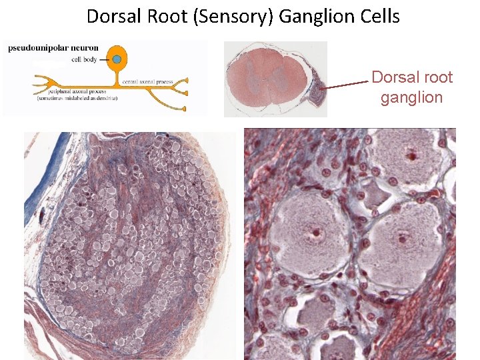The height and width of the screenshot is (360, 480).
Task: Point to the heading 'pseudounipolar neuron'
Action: (54, 47)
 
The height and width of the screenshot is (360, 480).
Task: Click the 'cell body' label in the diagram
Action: (85, 59)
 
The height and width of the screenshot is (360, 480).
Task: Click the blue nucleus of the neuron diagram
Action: (117, 60)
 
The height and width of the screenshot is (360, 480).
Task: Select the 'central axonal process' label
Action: (147, 81)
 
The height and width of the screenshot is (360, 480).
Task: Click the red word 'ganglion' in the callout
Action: (411, 97)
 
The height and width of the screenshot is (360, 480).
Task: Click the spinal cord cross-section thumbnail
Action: (260, 78)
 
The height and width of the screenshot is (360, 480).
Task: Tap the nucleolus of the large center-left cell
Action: (313, 235)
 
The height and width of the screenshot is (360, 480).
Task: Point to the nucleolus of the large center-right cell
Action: (402, 237)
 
